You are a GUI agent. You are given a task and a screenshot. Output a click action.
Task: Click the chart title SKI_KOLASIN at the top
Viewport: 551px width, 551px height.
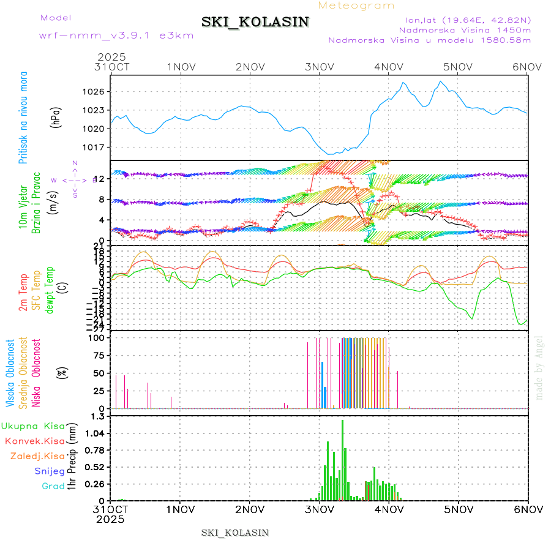coord(255,22)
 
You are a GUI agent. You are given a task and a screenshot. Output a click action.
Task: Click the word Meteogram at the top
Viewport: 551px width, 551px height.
coord(357,6)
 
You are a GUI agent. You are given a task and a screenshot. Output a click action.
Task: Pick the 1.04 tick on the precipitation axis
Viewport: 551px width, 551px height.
coord(96,433)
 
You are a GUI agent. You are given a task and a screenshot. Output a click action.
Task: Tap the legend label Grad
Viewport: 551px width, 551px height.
coord(53,486)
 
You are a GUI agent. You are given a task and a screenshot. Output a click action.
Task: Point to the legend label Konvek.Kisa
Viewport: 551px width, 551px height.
coord(34,441)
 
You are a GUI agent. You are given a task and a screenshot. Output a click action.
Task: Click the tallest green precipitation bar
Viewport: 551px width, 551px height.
coord(342,459)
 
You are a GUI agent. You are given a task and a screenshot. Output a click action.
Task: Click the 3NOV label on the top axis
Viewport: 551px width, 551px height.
coord(319,67)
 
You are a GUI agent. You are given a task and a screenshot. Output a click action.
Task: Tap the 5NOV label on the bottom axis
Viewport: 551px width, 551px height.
coord(459,509)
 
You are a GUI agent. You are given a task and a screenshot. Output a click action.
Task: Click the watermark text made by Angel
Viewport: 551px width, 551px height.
coord(539,367)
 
